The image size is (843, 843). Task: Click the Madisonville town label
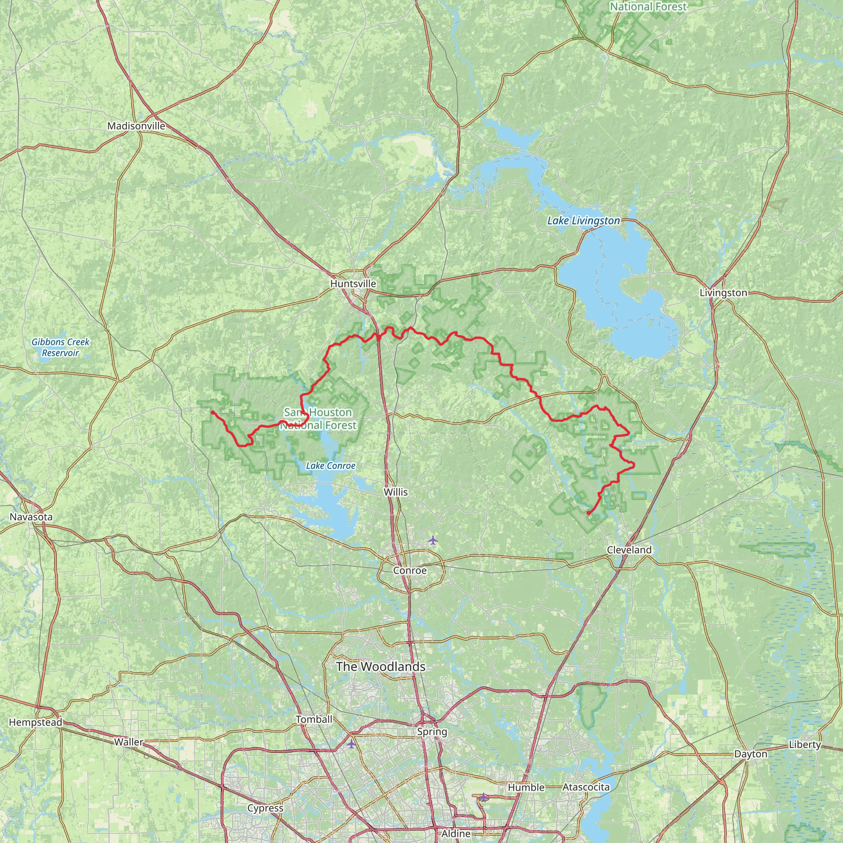click(136, 126)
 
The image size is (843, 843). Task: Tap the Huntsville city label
click(353, 284)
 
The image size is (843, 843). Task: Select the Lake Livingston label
click(583, 221)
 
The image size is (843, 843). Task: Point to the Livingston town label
click(723, 293)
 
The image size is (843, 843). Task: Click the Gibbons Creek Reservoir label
click(60, 347)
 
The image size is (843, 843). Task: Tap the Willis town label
click(396, 492)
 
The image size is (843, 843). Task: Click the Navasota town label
click(31, 517)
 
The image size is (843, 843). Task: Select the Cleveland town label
click(629, 550)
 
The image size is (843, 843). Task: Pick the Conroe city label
click(410, 571)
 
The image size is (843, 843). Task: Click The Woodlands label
click(380, 666)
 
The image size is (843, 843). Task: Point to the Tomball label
click(314, 720)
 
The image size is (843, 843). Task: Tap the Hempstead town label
click(36, 722)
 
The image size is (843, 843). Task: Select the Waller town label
click(128, 742)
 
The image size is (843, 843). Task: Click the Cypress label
click(265, 808)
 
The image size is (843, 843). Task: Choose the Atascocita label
click(586, 787)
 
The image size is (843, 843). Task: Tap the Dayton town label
click(750, 754)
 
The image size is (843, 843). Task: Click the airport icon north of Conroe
click(433, 540)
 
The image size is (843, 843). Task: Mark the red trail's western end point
click(212, 412)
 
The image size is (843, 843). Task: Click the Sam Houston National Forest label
click(318, 419)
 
